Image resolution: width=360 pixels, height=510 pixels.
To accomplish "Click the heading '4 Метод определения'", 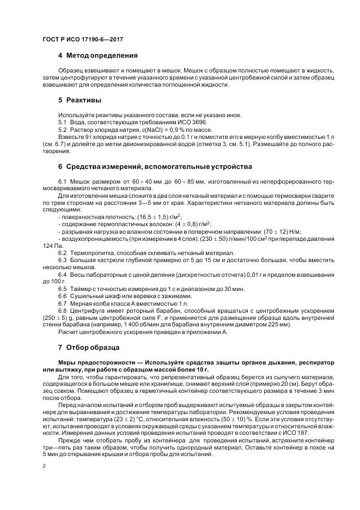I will [97, 56].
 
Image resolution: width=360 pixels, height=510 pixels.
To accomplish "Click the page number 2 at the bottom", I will [44, 466].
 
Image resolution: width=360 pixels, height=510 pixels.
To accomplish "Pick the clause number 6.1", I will [62, 180].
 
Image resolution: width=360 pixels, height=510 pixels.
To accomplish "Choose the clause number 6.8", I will [62, 309].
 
